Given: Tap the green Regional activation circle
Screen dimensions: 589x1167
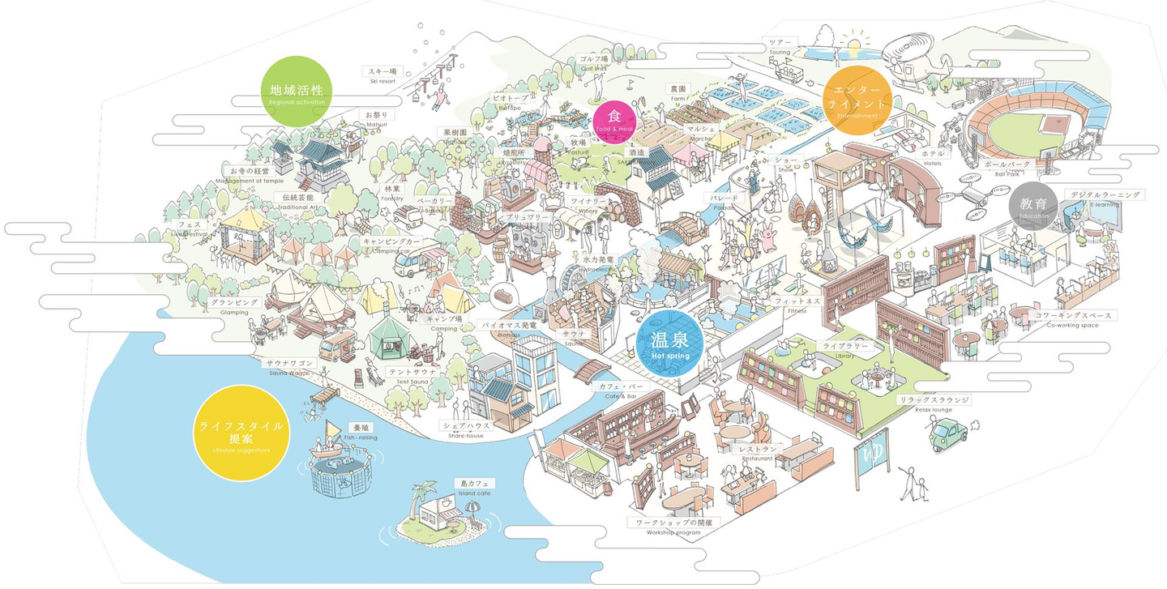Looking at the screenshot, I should point(297,92).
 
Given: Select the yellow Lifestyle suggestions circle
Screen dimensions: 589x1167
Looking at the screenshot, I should point(240,430).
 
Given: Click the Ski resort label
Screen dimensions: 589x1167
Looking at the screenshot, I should point(383,75).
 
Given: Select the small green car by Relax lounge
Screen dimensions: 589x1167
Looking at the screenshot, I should point(950,434).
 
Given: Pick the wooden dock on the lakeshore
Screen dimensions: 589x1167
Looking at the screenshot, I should point(325,396).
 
